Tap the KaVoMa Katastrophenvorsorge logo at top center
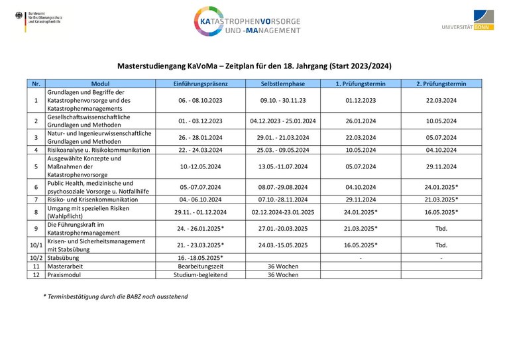tap(248, 21)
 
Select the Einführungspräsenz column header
tap(200, 84)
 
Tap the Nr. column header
tap(36, 84)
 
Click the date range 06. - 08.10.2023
tap(200, 100)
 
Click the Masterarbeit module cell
tap(66, 265)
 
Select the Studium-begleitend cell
tap(200, 274)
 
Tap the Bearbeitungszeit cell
tap(200, 265)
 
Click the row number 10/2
tap(36, 257)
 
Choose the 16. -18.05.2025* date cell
tap(200, 257)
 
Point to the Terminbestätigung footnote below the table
tap(115, 296)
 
